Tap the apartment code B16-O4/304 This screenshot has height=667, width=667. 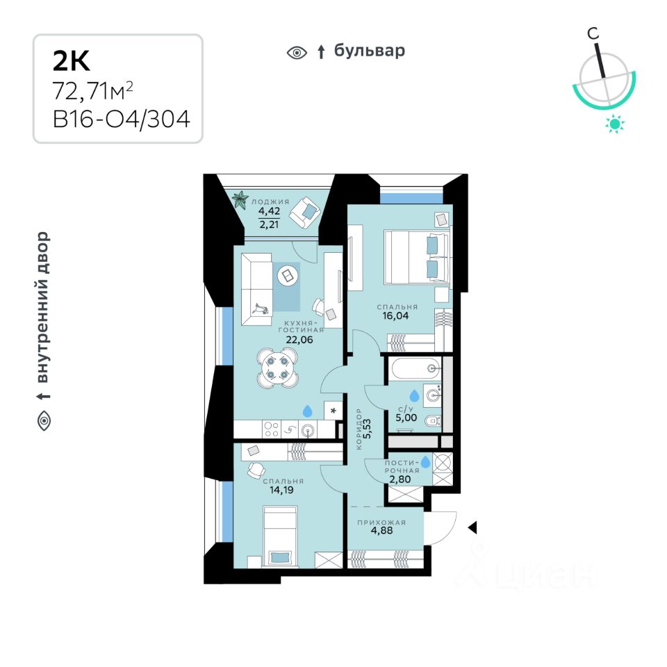click(122, 119)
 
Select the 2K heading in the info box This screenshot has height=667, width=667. click(72, 62)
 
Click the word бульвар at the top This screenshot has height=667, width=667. click(369, 51)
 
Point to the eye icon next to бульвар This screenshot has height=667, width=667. click(297, 52)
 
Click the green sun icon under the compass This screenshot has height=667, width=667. click(615, 124)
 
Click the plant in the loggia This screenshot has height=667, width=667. click(240, 200)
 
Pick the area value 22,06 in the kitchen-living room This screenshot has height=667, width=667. click(300, 340)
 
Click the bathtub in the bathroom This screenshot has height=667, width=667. click(414, 369)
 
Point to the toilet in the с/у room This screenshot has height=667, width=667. click(431, 420)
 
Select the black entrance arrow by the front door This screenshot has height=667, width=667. click(472, 529)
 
